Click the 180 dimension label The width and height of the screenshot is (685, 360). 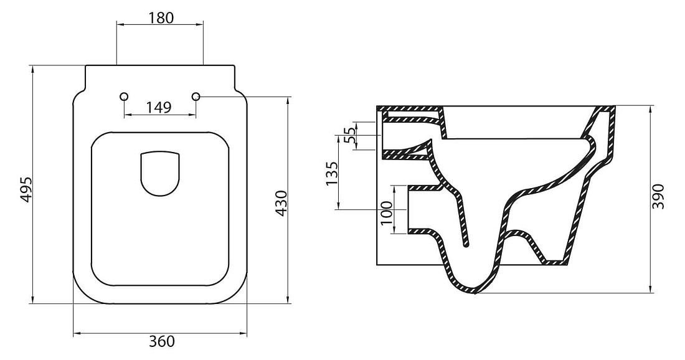coord(160,17)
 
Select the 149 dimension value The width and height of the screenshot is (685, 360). coord(159,107)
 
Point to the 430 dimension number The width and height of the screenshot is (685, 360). coord(281,203)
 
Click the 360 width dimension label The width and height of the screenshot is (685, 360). coord(161,341)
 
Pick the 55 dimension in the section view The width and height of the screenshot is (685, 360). coord(350,136)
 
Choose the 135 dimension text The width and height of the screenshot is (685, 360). coord(331,173)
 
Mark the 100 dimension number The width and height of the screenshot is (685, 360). coord(387,213)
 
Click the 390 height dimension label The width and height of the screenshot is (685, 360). coord(658,196)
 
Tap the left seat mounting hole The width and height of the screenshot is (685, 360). coord(124,96)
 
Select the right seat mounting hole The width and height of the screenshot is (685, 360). coord(196,96)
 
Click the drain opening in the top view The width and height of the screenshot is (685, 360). coord(160,173)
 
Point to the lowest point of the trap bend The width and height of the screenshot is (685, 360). coord(474,293)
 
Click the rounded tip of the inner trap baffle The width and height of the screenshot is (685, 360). coord(466,245)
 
